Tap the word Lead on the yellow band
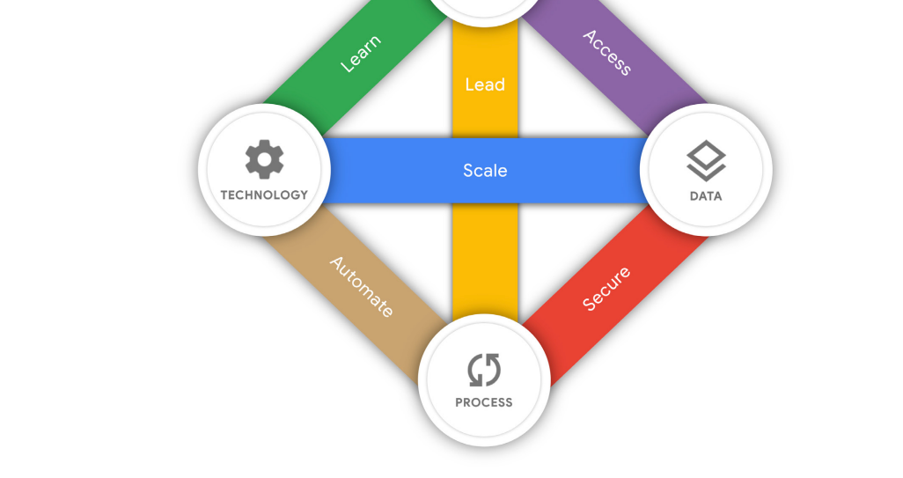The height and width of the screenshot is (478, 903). pyautogui.click(x=485, y=85)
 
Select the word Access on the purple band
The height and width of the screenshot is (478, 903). pyautogui.click(x=607, y=53)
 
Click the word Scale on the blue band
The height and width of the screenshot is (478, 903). pyautogui.click(x=485, y=170)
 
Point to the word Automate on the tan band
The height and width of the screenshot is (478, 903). pyautogui.click(x=362, y=287)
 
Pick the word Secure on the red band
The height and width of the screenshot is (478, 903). pyautogui.click(x=607, y=288)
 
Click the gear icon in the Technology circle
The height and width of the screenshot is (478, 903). pyautogui.click(x=264, y=160)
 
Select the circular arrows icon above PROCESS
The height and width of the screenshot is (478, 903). pyautogui.click(x=484, y=370)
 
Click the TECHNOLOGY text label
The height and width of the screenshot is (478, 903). pyautogui.click(x=264, y=195)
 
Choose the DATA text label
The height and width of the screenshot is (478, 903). pyautogui.click(x=706, y=196)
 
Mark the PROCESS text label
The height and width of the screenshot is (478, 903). pyautogui.click(x=484, y=402)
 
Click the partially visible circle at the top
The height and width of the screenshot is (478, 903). pyautogui.click(x=485, y=9)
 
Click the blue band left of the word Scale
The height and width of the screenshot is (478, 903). pyautogui.click(x=387, y=170)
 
